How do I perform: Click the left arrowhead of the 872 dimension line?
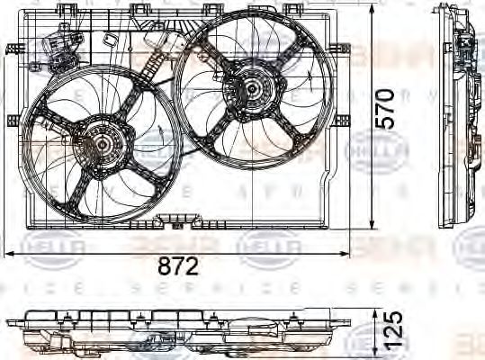click(9, 254)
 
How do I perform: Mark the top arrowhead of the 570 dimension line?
click(373, 9)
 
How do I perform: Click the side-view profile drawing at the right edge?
click(464, 117)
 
